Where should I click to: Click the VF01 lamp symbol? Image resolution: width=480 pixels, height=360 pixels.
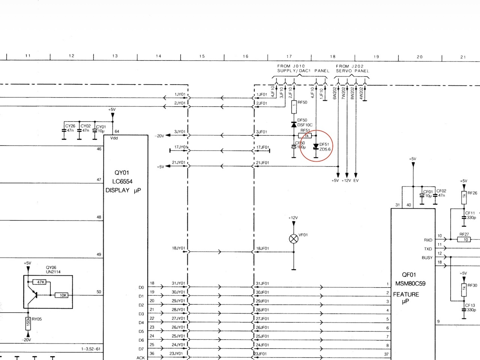pos(294,239)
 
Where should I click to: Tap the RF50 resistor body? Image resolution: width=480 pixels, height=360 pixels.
pos(294,107)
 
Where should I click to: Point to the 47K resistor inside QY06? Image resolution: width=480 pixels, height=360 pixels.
pos(40,282)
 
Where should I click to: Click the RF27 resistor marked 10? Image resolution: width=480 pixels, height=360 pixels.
pos(465,239)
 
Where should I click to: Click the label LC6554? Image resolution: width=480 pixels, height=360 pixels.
pos(122,181)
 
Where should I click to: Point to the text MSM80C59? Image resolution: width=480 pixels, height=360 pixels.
pos(410,284)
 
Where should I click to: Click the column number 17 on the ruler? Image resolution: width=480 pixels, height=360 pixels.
pos(289,57)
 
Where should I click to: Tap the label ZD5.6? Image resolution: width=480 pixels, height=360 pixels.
pos(325,149)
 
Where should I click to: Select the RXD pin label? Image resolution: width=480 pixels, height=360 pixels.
pos(428,240)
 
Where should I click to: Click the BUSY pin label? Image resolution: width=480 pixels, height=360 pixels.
pos(427,258)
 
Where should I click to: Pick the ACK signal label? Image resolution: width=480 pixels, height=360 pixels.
pos(141,358)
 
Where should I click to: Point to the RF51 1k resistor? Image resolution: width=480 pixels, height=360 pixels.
pos(305,136)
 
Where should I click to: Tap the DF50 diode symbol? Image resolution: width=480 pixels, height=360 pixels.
pos(294,124)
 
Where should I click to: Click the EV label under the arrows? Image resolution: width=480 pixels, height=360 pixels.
pos(356,181)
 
